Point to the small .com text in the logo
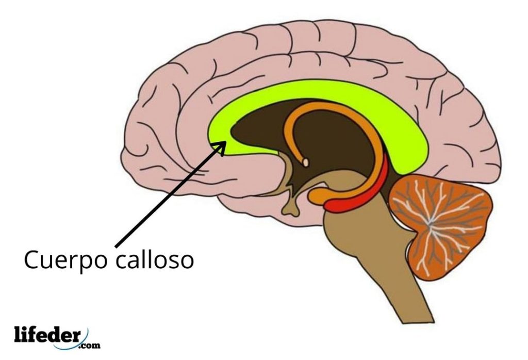click(x=90, y=345)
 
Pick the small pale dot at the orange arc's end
click(x=305, y=163)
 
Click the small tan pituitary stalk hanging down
click(x=292, y=206)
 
